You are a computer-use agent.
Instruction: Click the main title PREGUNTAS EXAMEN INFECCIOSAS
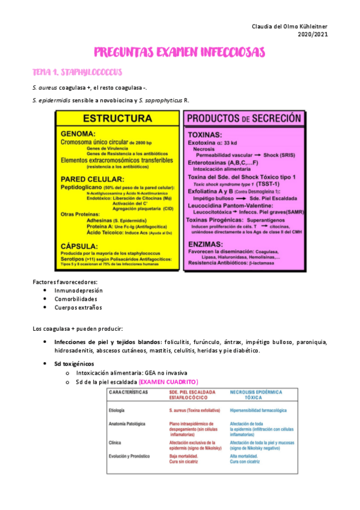click(180, 53)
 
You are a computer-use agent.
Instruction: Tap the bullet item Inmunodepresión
click(78, 290)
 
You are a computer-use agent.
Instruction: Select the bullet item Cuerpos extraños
click(78, 307)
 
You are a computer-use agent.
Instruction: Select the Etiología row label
click(117, 410)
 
